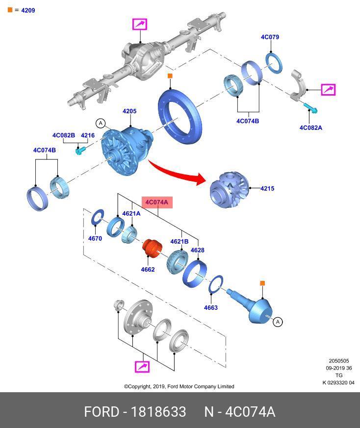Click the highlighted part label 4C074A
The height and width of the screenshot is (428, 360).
pyautogui.click(x=157, y=202)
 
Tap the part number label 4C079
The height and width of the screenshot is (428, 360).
pyautogui.click(x=270, y=37)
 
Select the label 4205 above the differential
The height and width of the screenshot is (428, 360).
pyautogui.click(x=129, y=111)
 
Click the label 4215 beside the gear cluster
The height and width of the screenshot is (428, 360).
pyautogui.click(x=267, y=188)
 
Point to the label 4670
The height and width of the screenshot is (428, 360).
pyautogui.click(x=95, y=239)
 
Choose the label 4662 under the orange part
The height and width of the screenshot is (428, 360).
pyautogui.click(x=148, y=269)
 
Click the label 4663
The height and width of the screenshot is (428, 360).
pyautogui.click(x=211, y=307)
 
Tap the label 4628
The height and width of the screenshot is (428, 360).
pyautogui.click(x=198, y=250)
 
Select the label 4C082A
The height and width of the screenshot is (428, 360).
pyautogui.click(x=311, y=127)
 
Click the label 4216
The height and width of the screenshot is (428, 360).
pyautogui.click(x=88, y=135)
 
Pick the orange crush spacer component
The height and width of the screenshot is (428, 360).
pyautogui.click(x=152, y=248)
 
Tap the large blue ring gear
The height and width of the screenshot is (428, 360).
pyautogui.click(x=180, y=117)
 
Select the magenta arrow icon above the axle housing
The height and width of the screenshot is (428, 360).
pyautogui.click(x=140, y=24)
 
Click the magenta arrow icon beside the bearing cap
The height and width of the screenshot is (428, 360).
pyautogui.click(x=328, y=89)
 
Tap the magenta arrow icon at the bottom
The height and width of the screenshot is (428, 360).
pyautogui.click(x=142, y=366)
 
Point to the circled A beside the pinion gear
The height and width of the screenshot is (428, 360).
pyautogui.click(x=278, y=322)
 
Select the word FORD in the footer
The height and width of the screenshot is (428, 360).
pyautogui.click(x=102, y=412)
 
